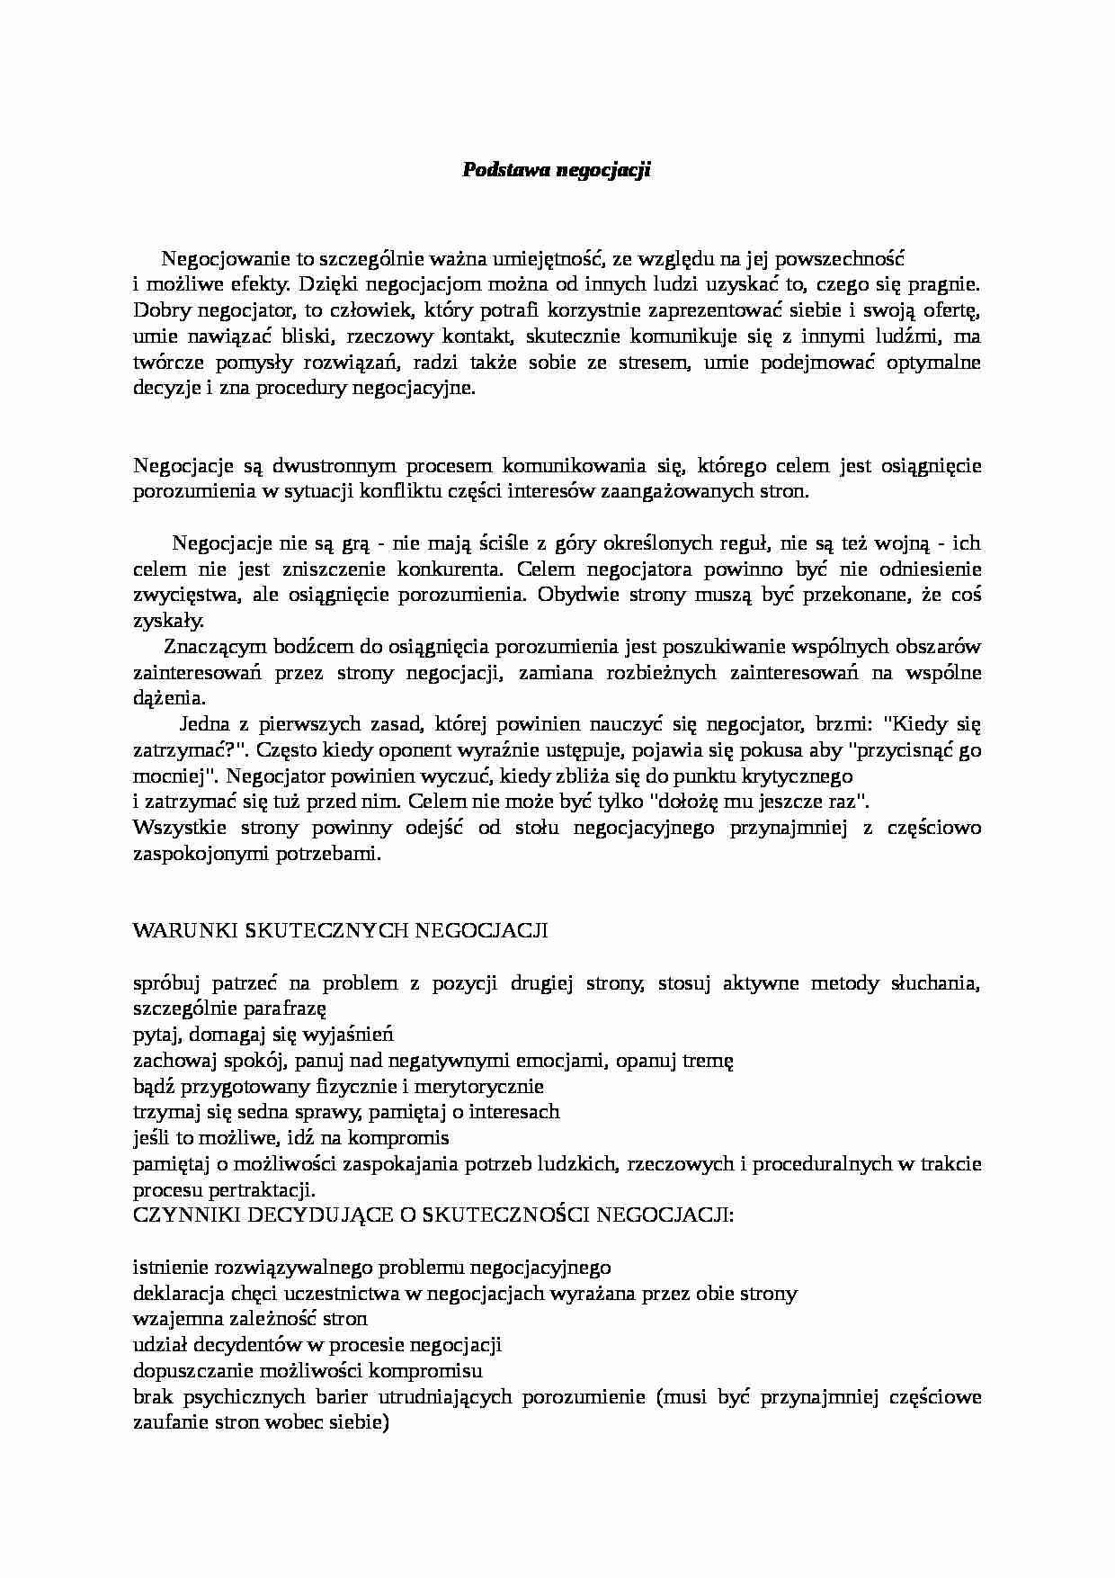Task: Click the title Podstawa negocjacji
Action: point(556,170)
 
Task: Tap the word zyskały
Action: point(168,621)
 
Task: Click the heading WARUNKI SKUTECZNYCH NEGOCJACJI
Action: point(340,930)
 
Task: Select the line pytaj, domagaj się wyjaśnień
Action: point(263,1034)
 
